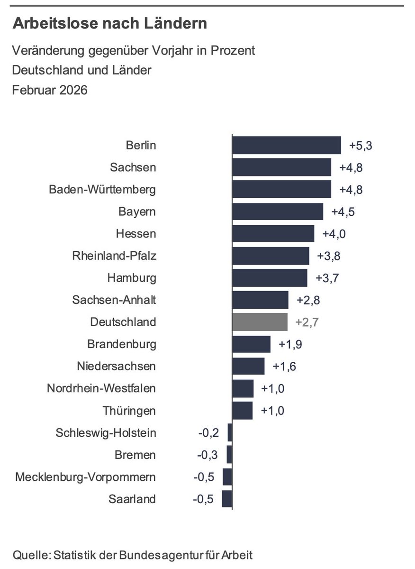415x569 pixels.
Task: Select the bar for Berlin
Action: tap(286, 146)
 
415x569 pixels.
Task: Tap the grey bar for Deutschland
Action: tap(260, 321)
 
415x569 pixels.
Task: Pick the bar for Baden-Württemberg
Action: tap(281, 190)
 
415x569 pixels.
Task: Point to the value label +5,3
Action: tap(361, 146)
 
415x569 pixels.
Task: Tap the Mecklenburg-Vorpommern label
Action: tap(85, 477)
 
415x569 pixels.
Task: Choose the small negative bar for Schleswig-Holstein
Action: tap(230, 433)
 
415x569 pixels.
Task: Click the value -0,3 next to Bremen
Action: tap(207, 455)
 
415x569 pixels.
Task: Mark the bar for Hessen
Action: tap(273, 234)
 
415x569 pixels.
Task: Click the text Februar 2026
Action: tap(50, 90)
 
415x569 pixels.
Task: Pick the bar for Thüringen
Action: tap(242, 411)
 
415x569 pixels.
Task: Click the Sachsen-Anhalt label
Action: tap(114, 300)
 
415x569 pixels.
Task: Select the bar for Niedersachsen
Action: tap(248, 366)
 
